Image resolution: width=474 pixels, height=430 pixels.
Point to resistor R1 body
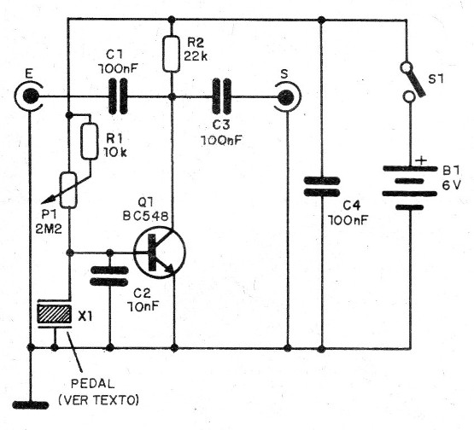88,142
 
